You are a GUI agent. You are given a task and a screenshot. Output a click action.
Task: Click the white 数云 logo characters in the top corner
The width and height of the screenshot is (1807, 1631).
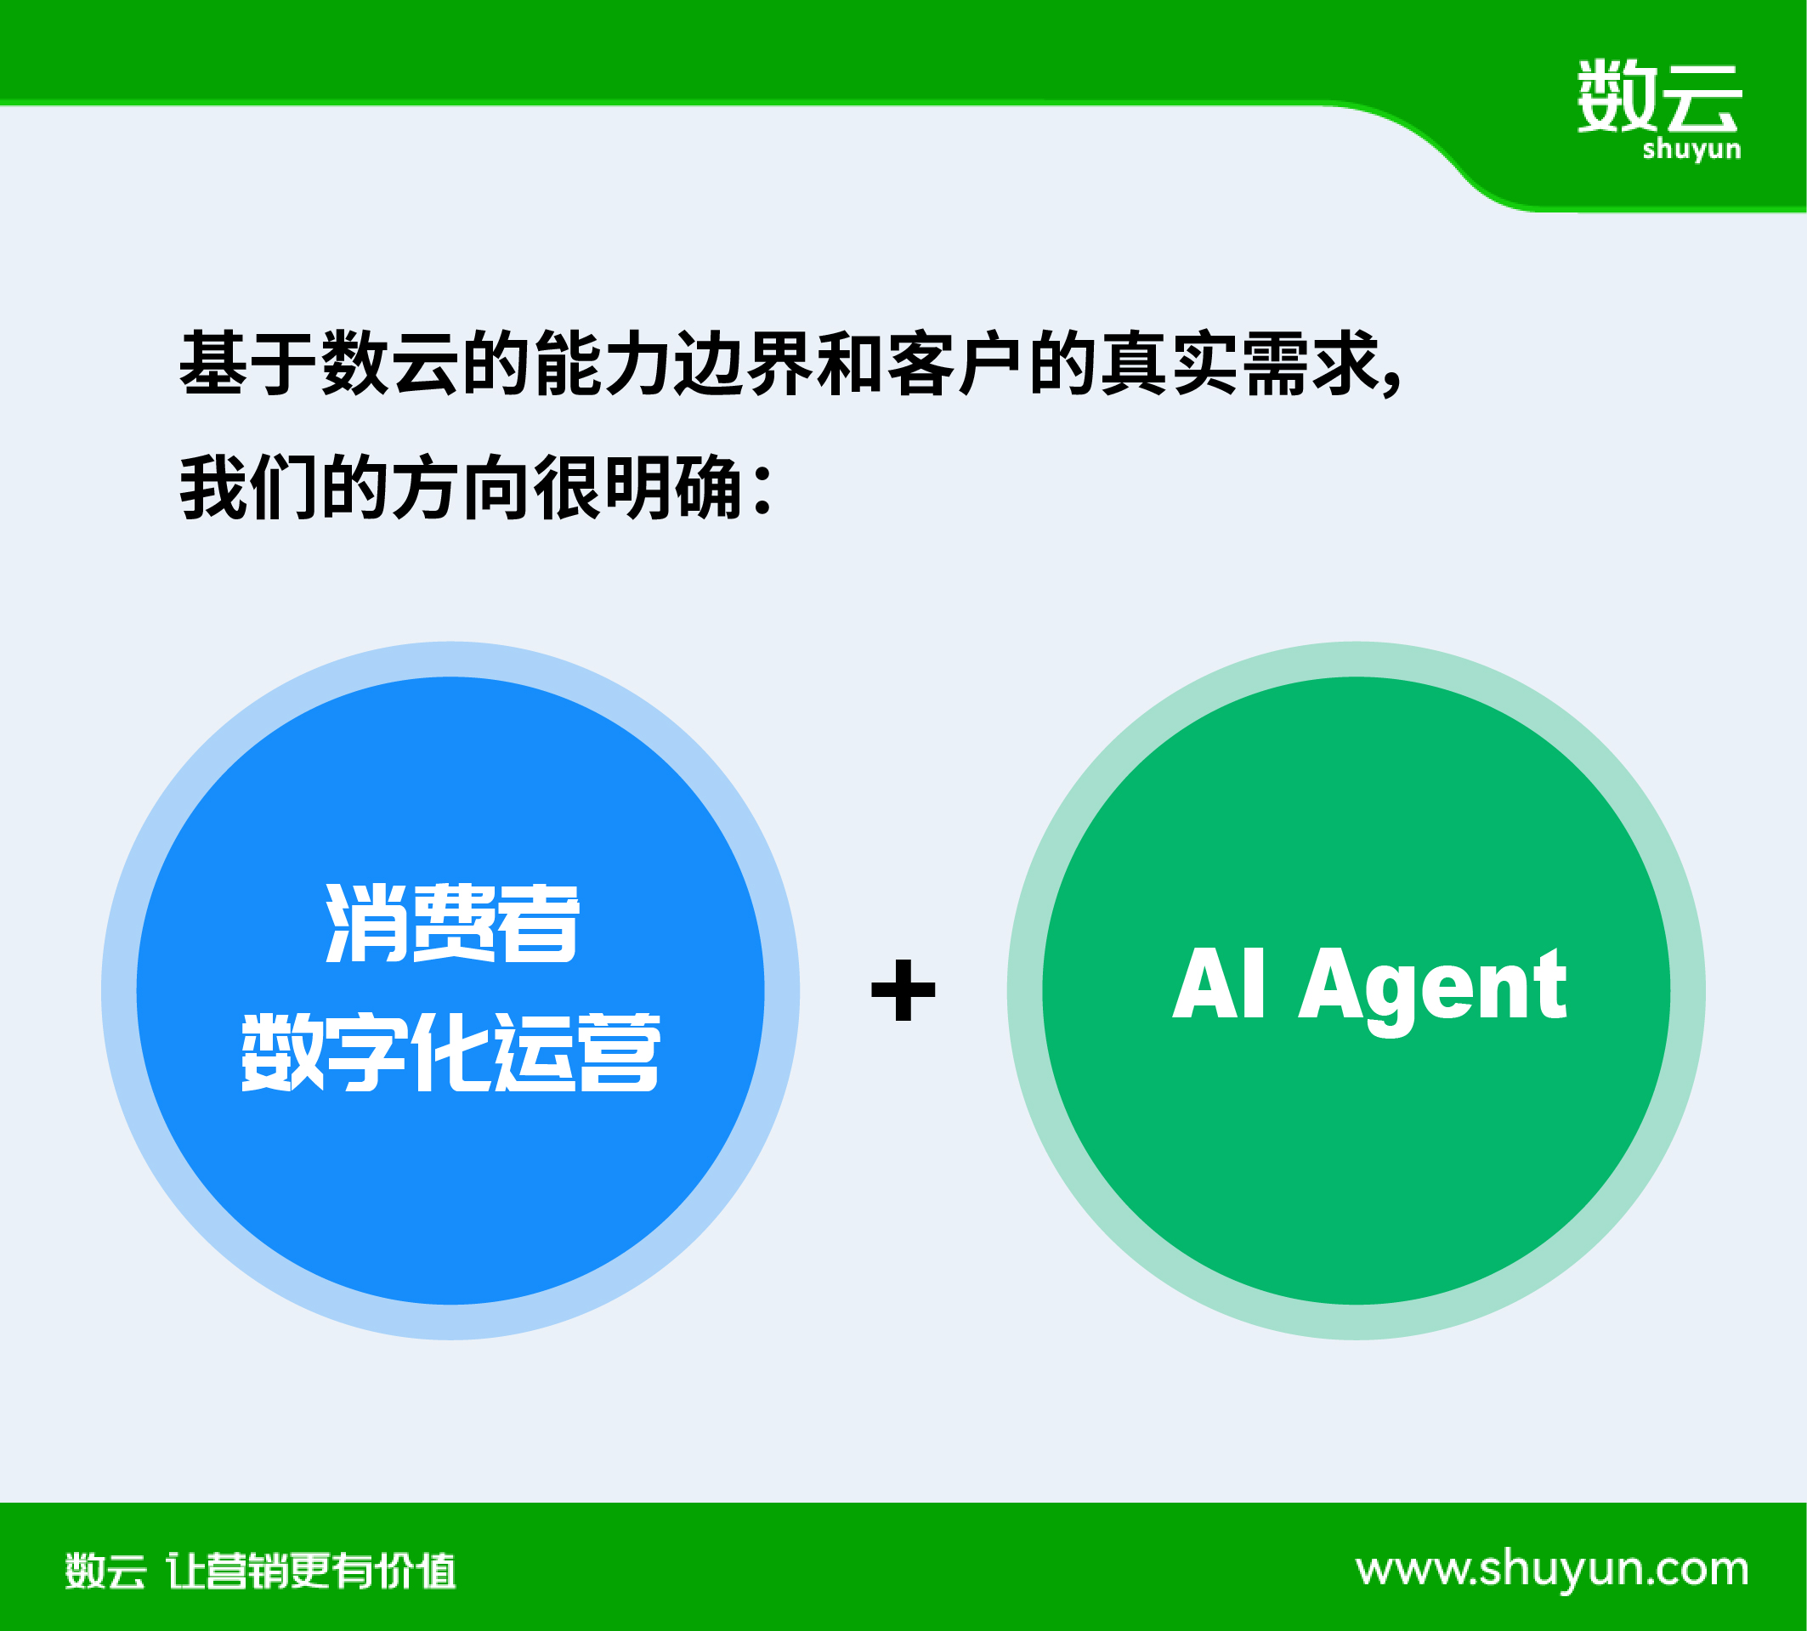coord(1659,96)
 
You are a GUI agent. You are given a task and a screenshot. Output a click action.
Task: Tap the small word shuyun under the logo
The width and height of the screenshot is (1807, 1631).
coord(1691,149)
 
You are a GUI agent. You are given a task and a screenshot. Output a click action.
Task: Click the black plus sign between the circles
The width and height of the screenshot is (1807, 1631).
coord(903,990)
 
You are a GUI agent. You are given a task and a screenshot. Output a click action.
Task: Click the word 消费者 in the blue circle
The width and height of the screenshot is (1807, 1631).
coord(453,923)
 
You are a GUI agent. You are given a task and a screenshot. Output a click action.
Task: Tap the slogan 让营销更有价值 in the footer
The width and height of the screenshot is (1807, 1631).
coord(311,1571)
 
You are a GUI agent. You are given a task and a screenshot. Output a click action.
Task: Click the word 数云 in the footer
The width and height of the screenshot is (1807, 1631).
coord(105,1571)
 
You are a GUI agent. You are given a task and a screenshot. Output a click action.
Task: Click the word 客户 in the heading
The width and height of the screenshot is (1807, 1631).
coord(955,363)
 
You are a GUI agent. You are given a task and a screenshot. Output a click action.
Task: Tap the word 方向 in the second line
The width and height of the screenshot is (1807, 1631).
coord(462,487)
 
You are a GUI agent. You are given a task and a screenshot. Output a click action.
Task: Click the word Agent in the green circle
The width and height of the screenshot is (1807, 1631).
coord(1433,990)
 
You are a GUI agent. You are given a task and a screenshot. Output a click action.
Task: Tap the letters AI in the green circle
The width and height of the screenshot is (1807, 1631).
coord(1220,983)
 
